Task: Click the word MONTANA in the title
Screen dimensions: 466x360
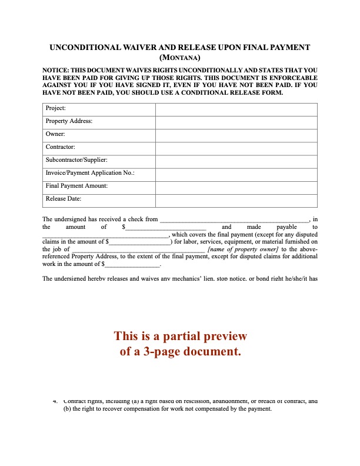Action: pos(180,58)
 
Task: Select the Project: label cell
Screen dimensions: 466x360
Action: pos(56,108)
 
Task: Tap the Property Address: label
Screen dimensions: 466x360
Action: pos(69,121)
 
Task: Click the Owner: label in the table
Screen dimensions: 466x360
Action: pos(55,134)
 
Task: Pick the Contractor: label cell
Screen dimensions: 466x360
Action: pos(60,147)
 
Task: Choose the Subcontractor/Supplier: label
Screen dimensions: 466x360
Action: pos(76,160)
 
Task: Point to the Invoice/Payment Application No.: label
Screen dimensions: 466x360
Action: pos(90,173)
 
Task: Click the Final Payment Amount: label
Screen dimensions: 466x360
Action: pos(76,186)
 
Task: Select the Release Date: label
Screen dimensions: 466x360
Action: pos(64,199)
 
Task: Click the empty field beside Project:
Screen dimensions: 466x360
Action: pos(236,109)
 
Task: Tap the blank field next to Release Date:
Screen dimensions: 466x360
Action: pos(236,199)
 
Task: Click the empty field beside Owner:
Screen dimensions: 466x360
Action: pos(236,135)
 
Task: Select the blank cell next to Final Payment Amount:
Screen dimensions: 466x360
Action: pos(236,187)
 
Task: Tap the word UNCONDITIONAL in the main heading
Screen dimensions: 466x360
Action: pos(85,47)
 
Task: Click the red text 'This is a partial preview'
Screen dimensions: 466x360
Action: pos(180,337)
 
